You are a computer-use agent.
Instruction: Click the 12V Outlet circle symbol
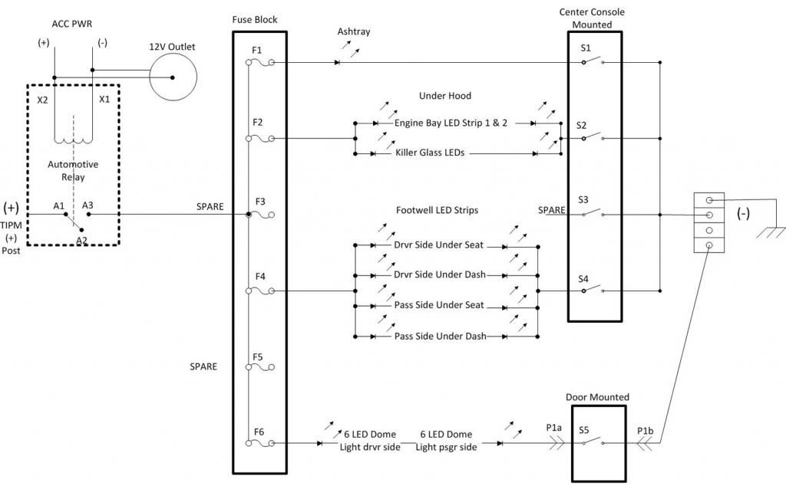click(172, 77)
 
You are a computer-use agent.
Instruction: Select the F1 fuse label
click(256, 49)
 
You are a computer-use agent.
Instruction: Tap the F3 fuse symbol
click(265, 215)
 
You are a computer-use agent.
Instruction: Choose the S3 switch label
click(584, 199)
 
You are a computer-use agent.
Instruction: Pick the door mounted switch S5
click(592, 443)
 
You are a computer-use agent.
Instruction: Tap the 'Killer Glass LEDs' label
click(430, 153)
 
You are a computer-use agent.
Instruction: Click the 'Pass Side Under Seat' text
click(440, 305)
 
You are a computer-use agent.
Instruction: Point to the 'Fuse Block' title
click(254, 18)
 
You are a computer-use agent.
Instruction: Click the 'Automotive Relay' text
click(73, 171)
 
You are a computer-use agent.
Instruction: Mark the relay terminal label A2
click(81, 240)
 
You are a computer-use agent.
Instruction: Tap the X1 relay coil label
click(104, 99)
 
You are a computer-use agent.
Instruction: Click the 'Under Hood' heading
click(444, 96)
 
